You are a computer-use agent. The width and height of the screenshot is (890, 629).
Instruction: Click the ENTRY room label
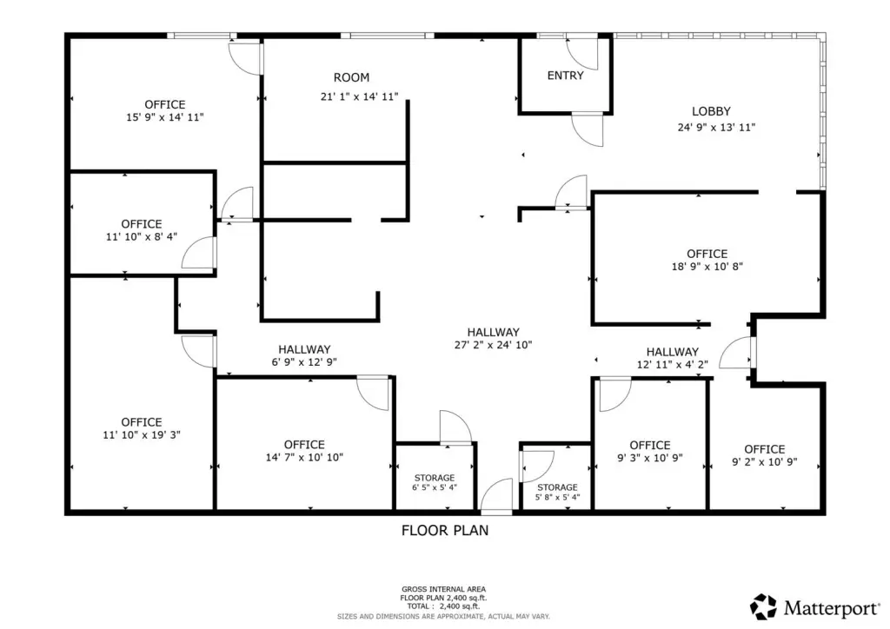point(565,76)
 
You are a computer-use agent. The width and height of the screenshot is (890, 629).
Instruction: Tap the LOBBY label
point(711,111)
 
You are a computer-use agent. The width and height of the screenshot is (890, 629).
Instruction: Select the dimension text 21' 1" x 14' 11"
point(359,97)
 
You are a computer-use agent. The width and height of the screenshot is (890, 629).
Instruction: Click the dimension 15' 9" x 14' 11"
point(164,117)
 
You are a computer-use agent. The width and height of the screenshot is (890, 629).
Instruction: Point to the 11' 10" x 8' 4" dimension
point(142,236)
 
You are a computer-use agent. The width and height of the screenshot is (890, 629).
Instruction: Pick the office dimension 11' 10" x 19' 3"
point(142,435)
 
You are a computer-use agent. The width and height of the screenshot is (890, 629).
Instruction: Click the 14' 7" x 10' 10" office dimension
point(304,457)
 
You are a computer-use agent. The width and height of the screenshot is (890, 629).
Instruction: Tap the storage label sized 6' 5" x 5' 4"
point(435,482)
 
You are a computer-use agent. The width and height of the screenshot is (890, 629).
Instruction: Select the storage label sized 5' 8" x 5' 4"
point(557,493)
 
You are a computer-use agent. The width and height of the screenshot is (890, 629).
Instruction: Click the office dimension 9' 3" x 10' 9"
point(650,458)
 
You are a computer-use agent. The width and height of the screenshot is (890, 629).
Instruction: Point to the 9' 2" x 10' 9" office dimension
point(765,461)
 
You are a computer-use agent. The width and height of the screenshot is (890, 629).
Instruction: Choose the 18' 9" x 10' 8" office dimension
point(707,266)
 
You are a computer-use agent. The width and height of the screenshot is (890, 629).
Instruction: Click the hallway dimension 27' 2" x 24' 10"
point(494,344)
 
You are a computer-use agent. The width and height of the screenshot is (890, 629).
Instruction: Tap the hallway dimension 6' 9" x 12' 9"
point(304,362)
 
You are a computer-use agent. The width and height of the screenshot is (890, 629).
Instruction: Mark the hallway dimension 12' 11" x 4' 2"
point(672,364)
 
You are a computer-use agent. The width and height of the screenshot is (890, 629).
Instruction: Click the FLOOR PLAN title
point(445,530)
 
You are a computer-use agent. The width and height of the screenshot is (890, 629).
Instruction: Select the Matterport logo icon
point(763,607)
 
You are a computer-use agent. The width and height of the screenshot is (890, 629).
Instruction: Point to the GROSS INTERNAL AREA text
point(444,589)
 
